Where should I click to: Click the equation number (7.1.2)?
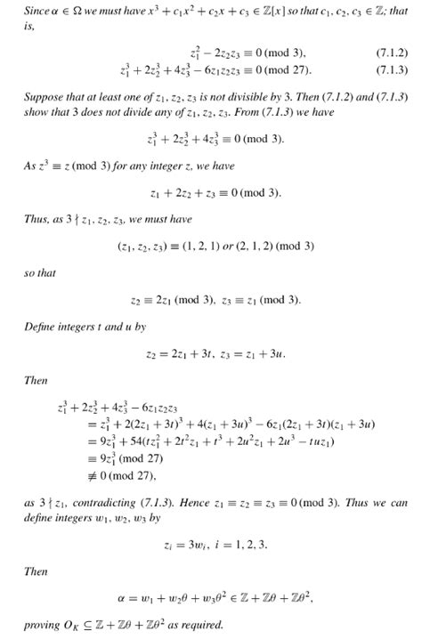pos(392,53)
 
